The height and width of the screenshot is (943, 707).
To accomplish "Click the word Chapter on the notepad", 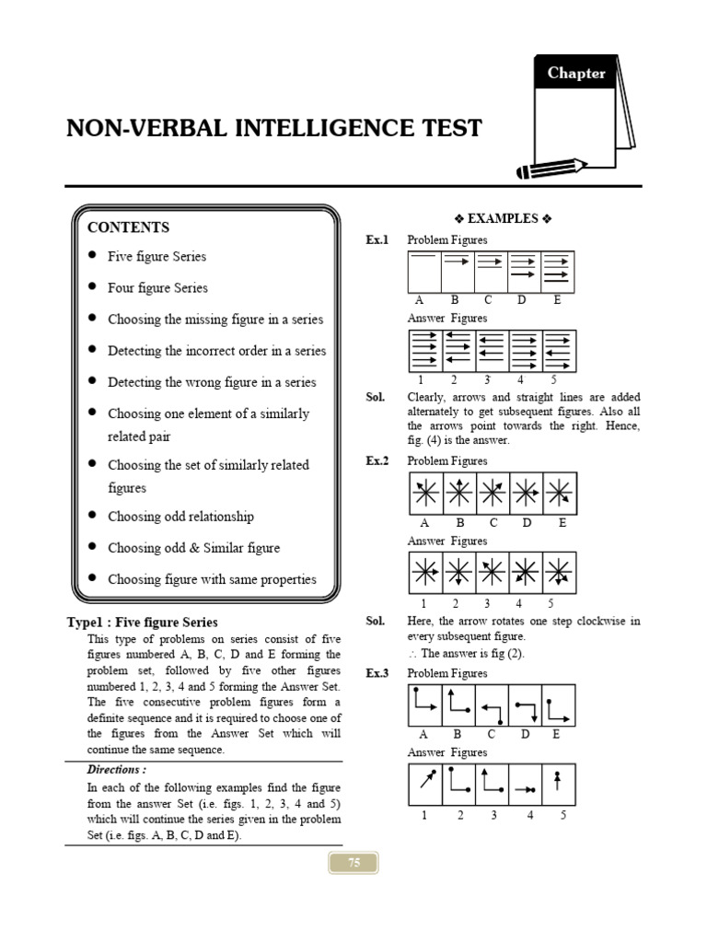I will (576, 74).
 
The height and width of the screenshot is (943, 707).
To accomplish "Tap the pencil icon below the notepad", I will (551, 168).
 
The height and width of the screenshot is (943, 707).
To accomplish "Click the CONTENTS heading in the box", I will (128, 227).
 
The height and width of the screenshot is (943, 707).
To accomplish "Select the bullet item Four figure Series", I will (157, 288).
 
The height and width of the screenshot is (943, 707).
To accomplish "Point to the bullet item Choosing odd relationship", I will (180, 517).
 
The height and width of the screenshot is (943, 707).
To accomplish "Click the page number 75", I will (353, 863).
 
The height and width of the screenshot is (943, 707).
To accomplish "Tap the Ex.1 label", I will (377, 240).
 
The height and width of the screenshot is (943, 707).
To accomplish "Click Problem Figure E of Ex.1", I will (558, 271).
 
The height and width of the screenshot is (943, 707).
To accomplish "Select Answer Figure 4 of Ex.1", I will (525, 351).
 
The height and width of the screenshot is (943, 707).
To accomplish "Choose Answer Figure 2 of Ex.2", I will (459, 573).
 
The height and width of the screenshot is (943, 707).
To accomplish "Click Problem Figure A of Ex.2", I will (425, 495).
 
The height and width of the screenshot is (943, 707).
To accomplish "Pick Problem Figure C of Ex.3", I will (492, 705).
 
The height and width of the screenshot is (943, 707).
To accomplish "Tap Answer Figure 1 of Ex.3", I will (425, 785).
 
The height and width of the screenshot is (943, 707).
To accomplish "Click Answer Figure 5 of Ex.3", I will (558, 785).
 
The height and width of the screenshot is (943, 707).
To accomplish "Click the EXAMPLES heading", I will (502, 219).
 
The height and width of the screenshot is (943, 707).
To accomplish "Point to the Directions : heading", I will (116, 770).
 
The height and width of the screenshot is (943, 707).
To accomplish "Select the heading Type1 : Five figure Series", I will (143, 623).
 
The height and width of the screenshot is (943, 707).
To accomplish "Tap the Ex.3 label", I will (377, 673).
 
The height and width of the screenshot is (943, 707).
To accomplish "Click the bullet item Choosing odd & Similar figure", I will (193, 548).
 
